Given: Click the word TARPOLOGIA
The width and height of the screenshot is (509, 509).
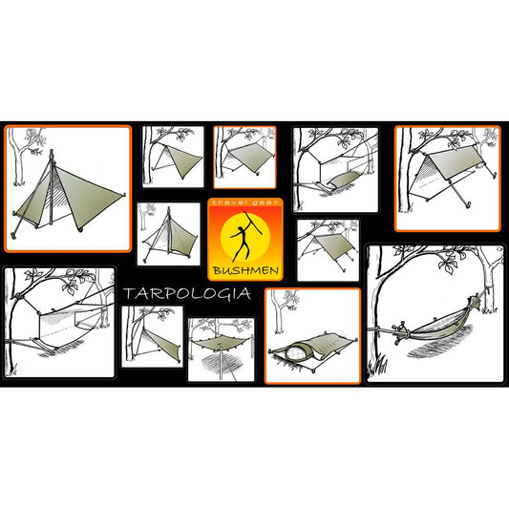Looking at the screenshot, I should click(187, 293).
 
